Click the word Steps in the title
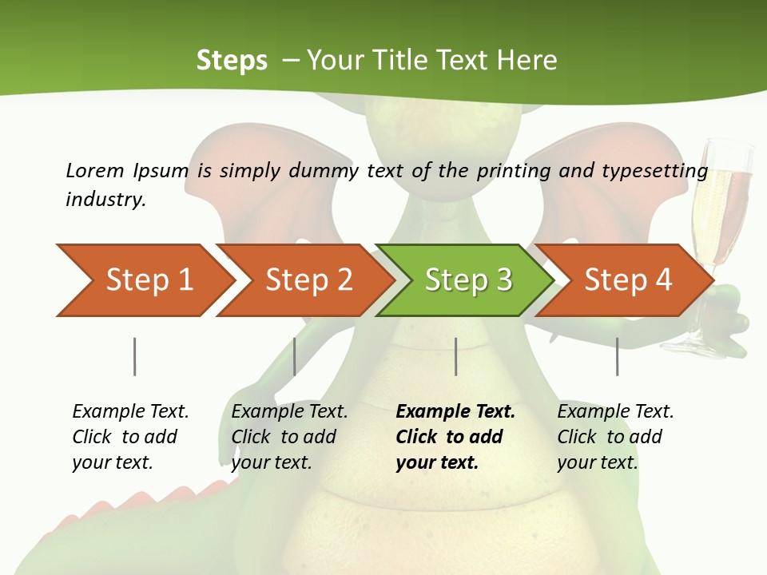tap(232, 61)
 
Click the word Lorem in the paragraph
tap(95, 170)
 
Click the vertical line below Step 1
tap(134, 356)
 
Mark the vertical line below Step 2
tap(295, 356)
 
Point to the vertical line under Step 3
tap(455, 356)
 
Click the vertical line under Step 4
tap(617, 356)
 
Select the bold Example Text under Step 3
tap(455, 412)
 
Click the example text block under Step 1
tap(130, 437)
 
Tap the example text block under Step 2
tap(289, 437)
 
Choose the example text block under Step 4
tap(615, 437)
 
